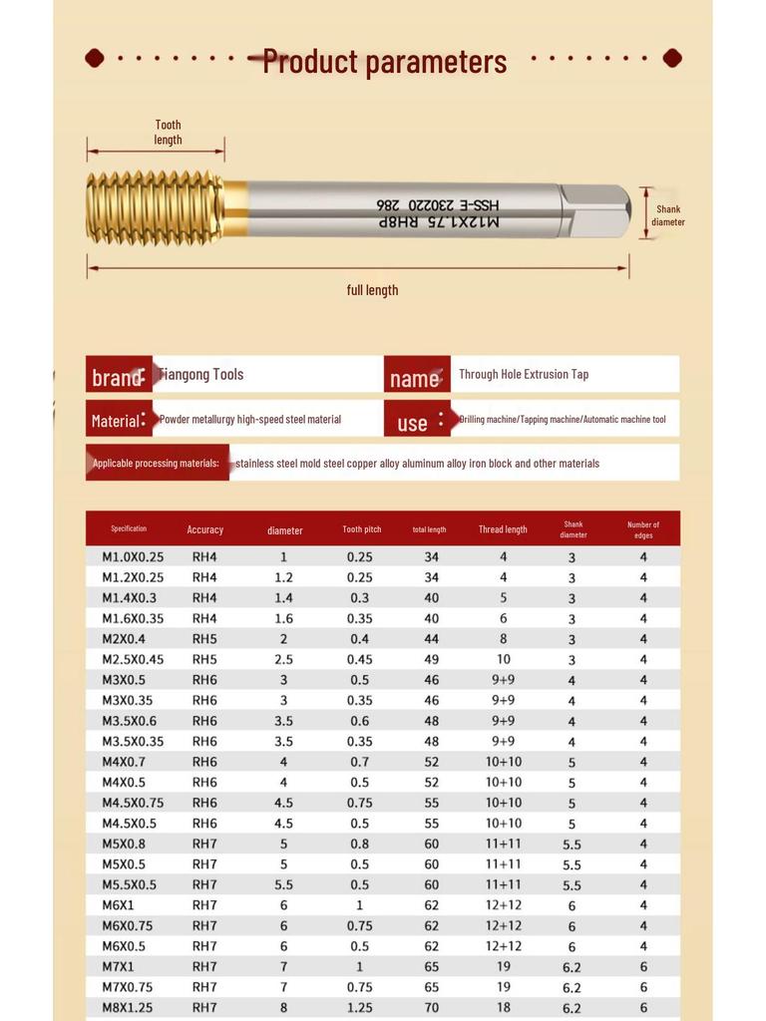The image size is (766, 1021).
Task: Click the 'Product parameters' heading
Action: click(384, 62)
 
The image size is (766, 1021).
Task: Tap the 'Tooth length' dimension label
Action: click(168, 133)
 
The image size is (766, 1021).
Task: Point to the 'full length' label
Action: click(372, 290)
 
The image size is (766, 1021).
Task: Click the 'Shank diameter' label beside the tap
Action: click(667, 215)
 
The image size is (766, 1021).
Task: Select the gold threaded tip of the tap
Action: click(155, 208)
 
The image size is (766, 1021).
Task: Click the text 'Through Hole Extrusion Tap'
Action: click(524, 374)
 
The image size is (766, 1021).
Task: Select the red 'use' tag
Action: click(414, 422)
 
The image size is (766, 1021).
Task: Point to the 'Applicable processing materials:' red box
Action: click(157, 463)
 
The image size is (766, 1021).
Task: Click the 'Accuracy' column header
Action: click(204, 529)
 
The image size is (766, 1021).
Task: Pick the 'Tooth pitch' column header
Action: click(361, 529)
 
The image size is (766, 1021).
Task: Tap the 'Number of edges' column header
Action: click(642, 529)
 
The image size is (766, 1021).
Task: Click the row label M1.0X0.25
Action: click(133, 556)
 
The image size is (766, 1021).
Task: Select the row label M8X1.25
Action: click(127, 1007)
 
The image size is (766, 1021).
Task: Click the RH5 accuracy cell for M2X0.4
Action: click(204, 638)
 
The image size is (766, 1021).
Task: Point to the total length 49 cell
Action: click(431, 659)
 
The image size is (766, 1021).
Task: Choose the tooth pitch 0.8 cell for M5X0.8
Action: click(360, 844)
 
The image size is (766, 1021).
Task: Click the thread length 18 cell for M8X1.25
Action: click(503, 1007)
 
